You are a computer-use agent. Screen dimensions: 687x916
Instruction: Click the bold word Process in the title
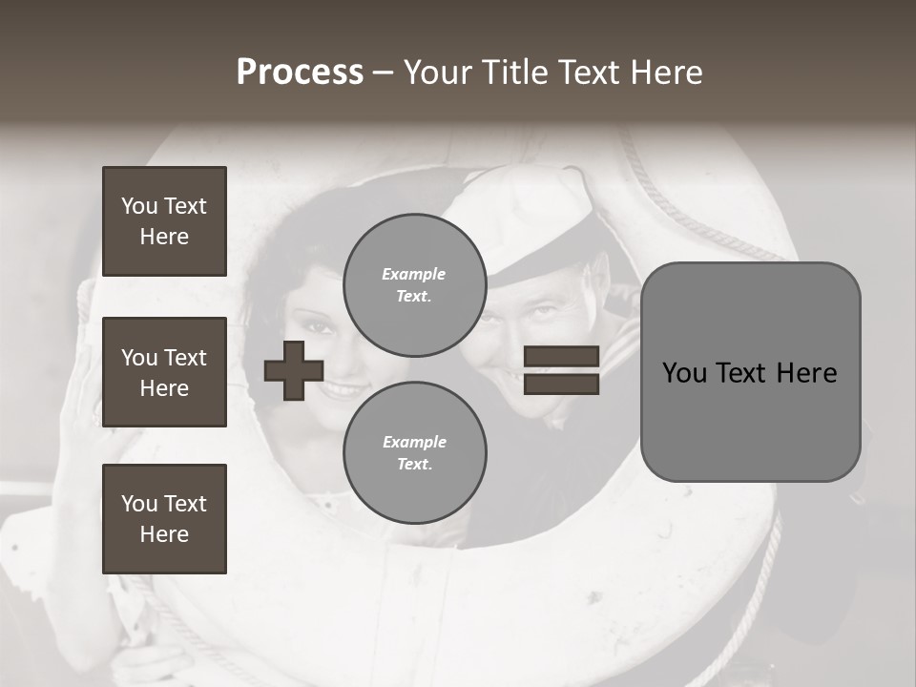pos(300,73)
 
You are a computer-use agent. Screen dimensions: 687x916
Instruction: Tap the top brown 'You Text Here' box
pos(164,221)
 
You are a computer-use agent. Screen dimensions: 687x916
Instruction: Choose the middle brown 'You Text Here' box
pos(164,372)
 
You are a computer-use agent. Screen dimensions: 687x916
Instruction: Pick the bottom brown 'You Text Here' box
pos(164,519)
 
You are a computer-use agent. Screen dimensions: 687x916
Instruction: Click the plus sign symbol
pos(294,370)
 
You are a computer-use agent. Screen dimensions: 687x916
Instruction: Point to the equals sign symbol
pos(562,370)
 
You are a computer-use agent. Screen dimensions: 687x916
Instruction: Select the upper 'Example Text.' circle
pos(414,284)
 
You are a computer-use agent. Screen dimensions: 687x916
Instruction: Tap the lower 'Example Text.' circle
pos(414,452)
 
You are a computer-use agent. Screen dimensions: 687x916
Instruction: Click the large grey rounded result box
pos(750,372)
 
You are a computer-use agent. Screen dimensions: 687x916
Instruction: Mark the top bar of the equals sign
pos(562,356)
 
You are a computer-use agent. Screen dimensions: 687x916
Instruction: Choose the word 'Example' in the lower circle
pos(414,442)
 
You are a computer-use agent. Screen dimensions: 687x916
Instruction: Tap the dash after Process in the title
pos(384,73)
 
